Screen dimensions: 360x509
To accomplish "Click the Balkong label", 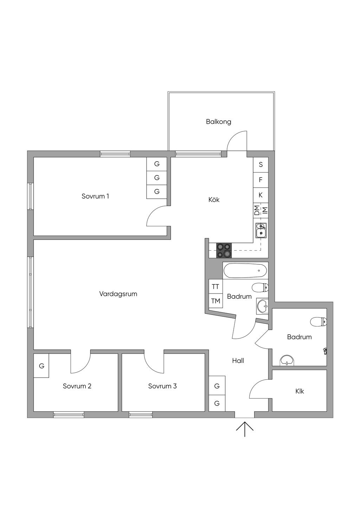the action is pos(218,122).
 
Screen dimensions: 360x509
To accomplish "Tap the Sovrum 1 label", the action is pos(95,196).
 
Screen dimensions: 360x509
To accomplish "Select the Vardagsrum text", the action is pos(118,294).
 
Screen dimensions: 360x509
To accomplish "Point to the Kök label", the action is pos(214,200).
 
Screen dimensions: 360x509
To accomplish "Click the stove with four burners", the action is pos(224,250).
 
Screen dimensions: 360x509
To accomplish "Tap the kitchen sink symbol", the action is pos(261,230).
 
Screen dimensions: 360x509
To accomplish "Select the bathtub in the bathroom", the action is pos(245,271).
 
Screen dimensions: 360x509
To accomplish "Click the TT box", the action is pos(216,287).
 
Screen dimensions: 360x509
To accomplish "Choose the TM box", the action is pos(216,301).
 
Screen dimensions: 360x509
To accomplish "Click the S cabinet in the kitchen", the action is pos(261,165).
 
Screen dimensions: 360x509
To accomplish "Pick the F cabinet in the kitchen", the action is pos(261,180).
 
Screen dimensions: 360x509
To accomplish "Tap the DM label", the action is pos(257,210).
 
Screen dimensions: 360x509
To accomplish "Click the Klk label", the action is pos(300,391).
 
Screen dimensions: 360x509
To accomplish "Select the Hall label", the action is pos(238,361).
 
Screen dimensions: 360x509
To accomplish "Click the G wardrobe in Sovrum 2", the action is pos(41,366).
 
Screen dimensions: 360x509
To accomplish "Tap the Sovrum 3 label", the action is pos(162,386).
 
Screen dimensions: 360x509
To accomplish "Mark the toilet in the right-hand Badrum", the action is pos(319,321).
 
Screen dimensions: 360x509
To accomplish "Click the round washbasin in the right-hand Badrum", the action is pos(287,361).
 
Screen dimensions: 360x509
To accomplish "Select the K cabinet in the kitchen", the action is pos(261,195).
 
